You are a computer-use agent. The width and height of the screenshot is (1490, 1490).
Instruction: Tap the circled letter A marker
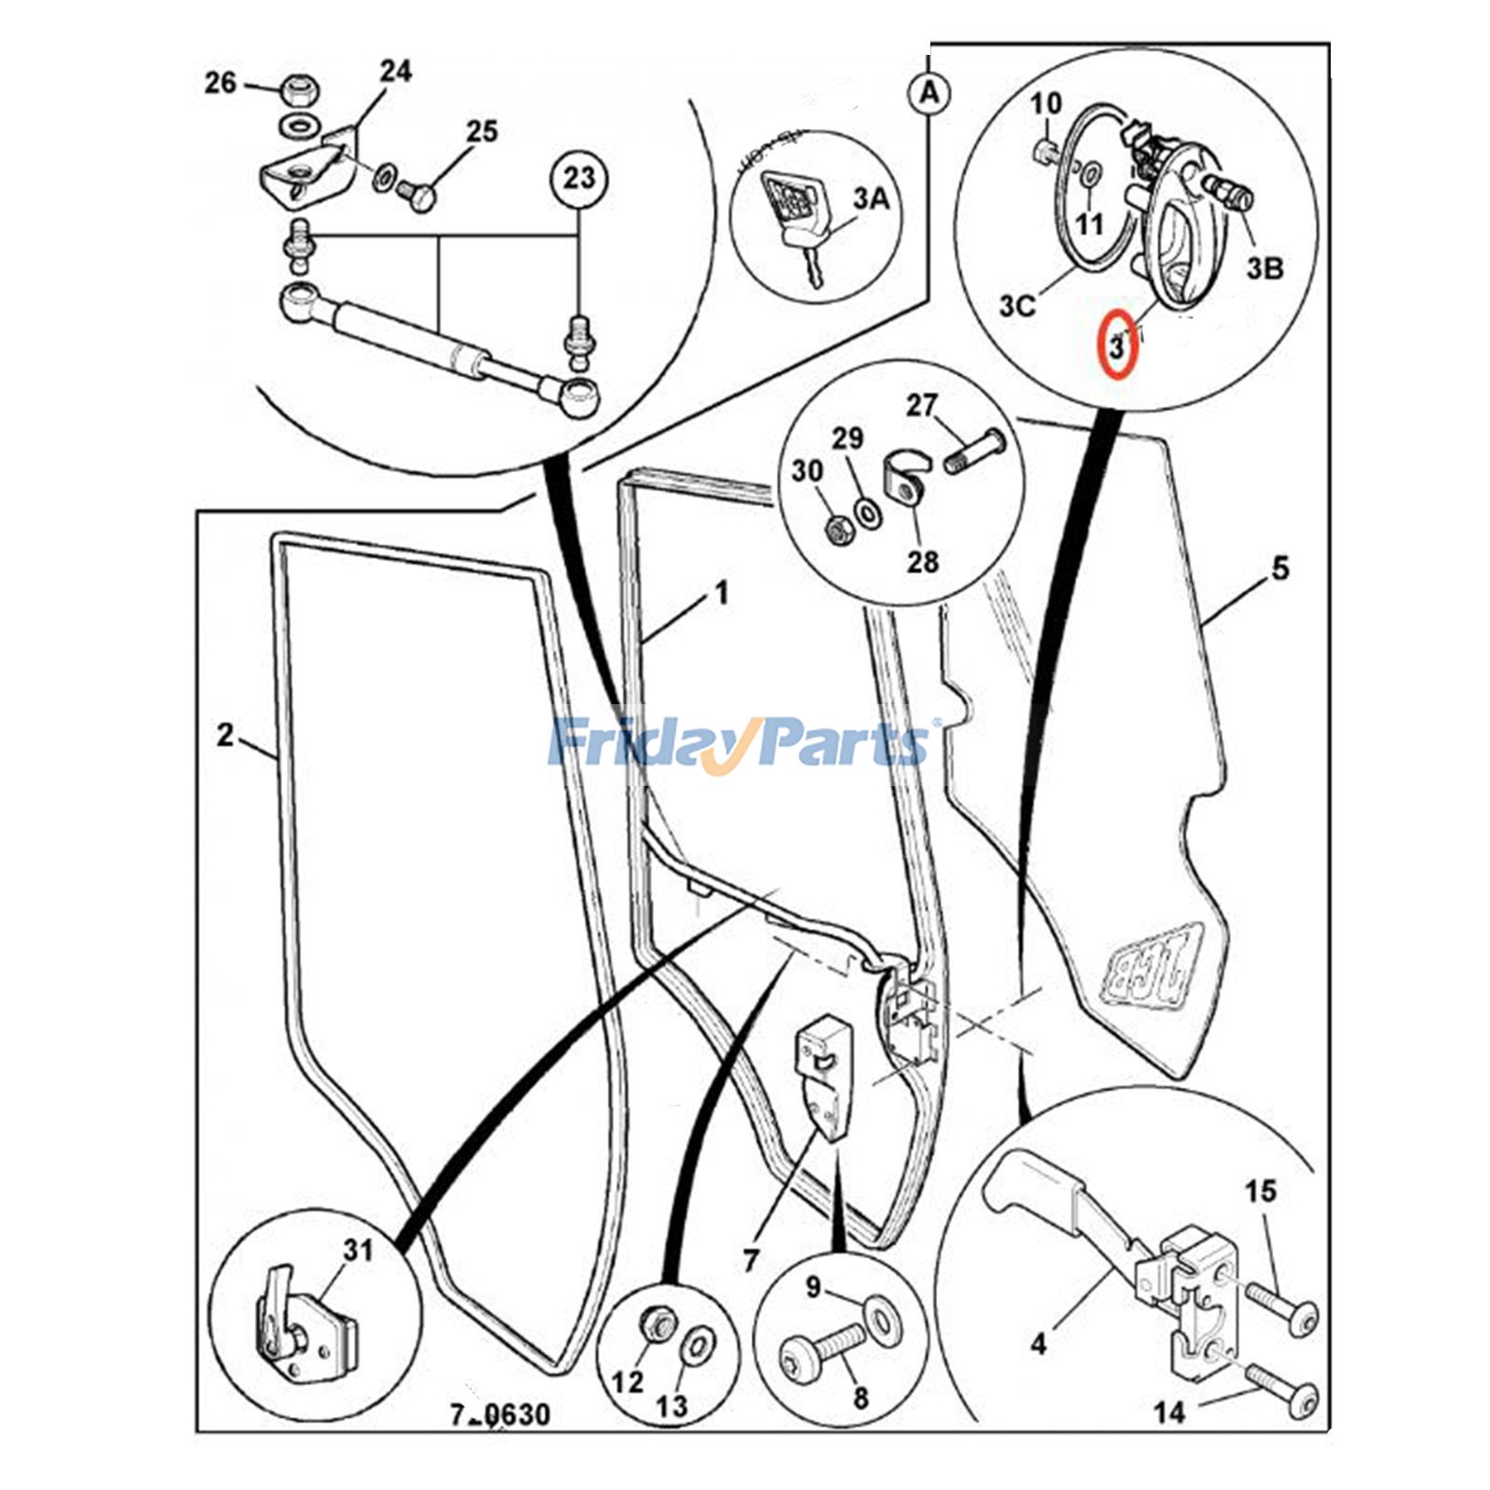(x=928, y=94)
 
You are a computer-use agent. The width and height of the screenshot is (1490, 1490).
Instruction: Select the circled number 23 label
(x=578, y=177)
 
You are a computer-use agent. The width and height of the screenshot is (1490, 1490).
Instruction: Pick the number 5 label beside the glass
(x=1280, y=567)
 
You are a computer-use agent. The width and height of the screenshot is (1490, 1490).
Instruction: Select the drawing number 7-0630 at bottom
(x=500, y=1415)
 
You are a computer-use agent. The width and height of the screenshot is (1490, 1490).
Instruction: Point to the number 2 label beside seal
(x=224, y=735)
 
